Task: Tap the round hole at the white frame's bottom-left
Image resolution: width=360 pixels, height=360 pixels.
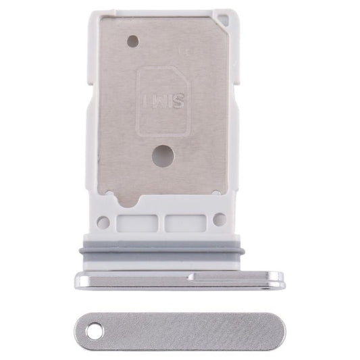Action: [104, 221]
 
